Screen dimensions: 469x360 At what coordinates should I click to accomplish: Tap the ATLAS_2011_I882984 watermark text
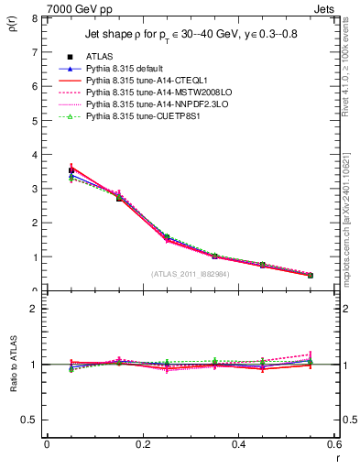[191, 274]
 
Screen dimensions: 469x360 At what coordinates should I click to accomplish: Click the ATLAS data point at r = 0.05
[71, 170]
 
